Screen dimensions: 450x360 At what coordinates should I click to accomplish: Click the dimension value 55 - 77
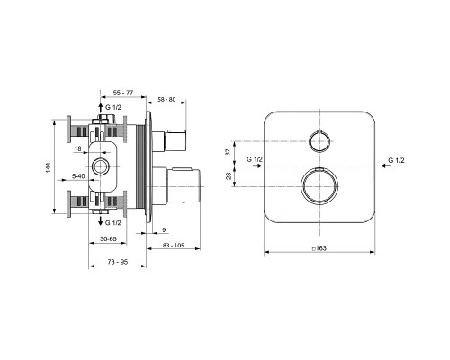tap(123, 93)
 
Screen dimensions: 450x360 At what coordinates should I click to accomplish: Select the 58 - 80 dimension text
tap(166, 99)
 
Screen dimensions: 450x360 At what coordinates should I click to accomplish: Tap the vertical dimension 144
tap(49, 167)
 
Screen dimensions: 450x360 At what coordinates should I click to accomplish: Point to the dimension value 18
tap(78, 148)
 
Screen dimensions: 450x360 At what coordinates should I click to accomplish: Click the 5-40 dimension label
tap(79, 176)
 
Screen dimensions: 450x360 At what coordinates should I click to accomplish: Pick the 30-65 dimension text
tap(109, 239)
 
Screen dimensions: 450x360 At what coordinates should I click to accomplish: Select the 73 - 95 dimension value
tap(118, 262)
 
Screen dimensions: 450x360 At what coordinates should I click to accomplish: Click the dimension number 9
tap(164, 230)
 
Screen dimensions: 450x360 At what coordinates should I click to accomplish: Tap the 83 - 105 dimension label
tap(174, 246)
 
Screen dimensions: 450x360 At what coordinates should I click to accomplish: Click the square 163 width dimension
tap(319, 248)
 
